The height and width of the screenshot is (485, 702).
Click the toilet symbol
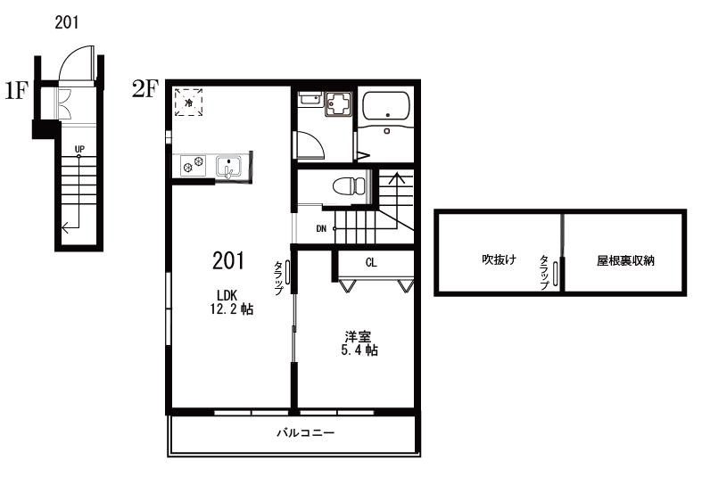click(x=350, y=185)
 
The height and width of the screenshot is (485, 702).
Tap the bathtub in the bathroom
click(x=385, y=106)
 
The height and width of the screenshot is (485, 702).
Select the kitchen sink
click(x=228, y=167)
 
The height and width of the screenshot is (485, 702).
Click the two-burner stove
click(x=194, y=166)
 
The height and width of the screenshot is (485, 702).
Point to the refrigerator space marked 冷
click(x=188, y=102)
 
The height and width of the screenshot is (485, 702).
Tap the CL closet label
click(x=371, y=263)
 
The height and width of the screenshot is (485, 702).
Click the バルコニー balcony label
click(x=305, y=433)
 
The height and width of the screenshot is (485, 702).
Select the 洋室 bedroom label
click(x=358, y=336)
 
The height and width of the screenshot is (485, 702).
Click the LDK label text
click(x=227, y=295)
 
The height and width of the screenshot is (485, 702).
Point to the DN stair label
click(x=321, y=229)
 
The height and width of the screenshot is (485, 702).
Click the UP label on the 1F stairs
click(x=79, y=149)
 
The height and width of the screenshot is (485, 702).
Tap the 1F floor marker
click(x=17, y=90)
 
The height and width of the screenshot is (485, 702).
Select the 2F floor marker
click(x=145, y=88)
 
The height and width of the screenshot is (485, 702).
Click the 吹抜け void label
click(x=499, y=259)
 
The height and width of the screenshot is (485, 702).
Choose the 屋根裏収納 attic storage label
click(x=625, y=260)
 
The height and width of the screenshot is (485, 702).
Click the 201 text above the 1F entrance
click(x=66, y=22)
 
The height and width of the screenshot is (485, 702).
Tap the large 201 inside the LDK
click(x=228, y=260)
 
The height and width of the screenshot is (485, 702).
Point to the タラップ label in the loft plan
click(x=544, y=272)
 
